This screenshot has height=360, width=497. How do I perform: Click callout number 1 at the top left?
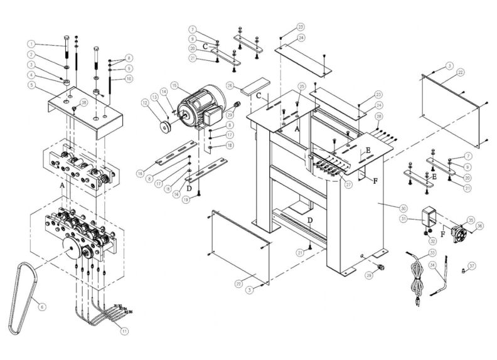click(30, 44)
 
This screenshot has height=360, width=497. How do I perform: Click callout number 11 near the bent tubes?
click(124, 331)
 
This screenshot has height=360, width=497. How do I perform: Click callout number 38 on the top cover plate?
click(84, 102)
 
